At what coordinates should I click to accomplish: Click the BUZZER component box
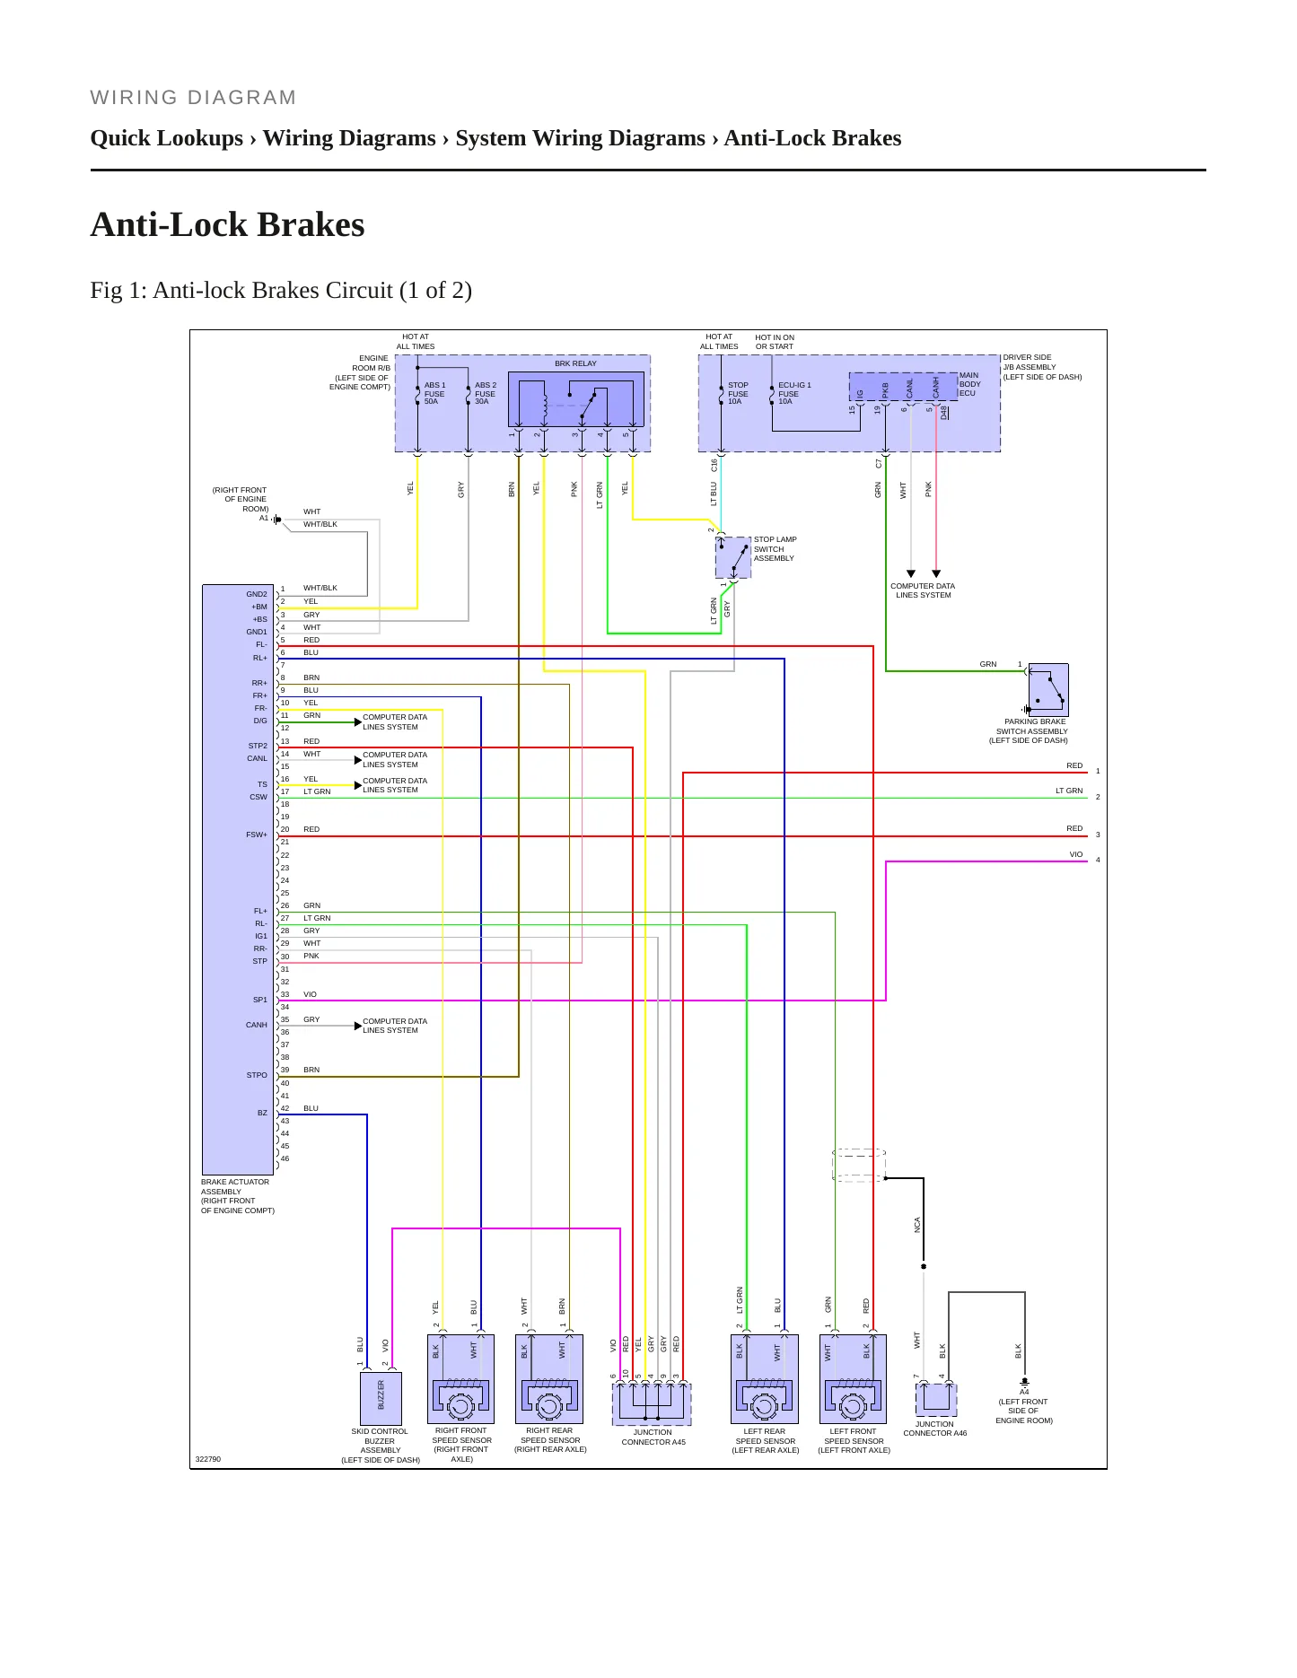pos(381,1397)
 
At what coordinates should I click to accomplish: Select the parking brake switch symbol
pos(1048,689)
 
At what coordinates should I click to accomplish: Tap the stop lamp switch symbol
pos(733,557)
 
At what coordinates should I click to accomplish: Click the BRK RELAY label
pos(575,363)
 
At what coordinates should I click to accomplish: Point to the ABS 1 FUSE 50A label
pos(434,393)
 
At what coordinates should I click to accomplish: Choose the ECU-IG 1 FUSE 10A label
pos(794,393)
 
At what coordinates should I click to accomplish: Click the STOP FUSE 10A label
pos(738,393)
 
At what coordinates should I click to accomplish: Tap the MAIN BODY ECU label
pos(969,384)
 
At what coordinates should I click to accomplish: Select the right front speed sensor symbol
pos(461,1379)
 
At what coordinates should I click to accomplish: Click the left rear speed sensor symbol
pos(765,1379)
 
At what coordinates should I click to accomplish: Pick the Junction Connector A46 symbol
pos(936,1400)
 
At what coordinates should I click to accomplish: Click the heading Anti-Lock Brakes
pos(227,224)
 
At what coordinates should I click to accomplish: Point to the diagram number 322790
pos(208,1459)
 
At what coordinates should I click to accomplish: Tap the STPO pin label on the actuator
pos(257,1075)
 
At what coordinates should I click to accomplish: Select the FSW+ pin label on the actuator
pos(257,835)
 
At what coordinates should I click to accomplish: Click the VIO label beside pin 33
pos(310,994)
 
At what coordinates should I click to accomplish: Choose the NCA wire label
pos(917,1225)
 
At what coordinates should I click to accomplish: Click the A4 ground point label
pos(1024,1392)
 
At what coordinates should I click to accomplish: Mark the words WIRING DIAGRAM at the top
pos(193,98)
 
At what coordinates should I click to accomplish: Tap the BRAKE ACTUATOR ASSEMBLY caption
pos(235,1186)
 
